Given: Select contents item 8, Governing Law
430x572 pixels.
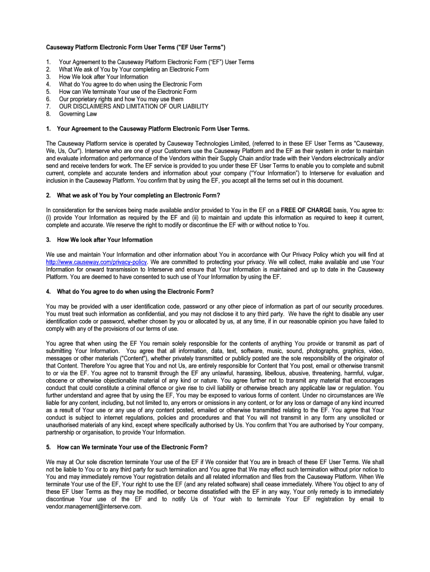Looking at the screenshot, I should (x=78, y=114).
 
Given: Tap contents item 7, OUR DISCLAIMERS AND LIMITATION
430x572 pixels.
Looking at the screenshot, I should (x=133, y=106).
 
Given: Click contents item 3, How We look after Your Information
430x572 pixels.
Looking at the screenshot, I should (x=103, y=77).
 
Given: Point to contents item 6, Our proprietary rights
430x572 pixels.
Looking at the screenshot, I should (x=121, y=99).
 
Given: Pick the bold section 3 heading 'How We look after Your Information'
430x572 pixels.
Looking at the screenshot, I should (x=104, y=240).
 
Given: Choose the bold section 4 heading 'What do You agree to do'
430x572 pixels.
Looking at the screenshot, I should (x=135, y=292).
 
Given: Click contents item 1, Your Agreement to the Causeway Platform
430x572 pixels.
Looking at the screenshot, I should (x=156, y=62).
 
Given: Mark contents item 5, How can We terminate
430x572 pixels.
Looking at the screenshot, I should (x=127, y=92).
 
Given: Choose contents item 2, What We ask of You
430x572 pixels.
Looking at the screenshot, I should (x=133, y=70).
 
